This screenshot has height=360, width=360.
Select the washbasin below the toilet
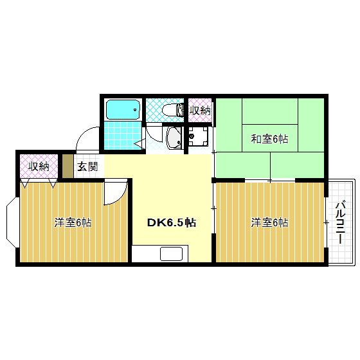point(174,137)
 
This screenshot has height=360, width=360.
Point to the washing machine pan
point(199,136)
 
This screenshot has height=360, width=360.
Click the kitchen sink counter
point(171,253)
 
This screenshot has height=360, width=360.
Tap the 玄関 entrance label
point(87,166)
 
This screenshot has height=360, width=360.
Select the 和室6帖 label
point(269,139)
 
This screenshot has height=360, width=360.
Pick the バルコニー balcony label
point(341,222)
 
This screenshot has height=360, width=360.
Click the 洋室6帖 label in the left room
point(72,223)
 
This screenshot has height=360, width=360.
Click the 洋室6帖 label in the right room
point(269,222)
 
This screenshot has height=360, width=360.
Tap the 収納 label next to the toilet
point(199,110)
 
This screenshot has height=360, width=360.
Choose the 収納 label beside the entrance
point(39,166)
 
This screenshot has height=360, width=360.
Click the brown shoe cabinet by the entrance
point(67,166)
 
